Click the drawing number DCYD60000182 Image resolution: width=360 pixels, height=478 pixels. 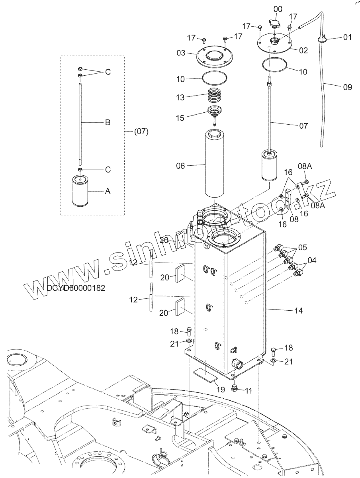76,288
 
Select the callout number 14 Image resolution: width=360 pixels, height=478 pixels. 298,311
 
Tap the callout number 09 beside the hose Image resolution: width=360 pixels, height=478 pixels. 348,87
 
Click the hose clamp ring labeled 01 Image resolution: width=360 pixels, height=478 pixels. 323,39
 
